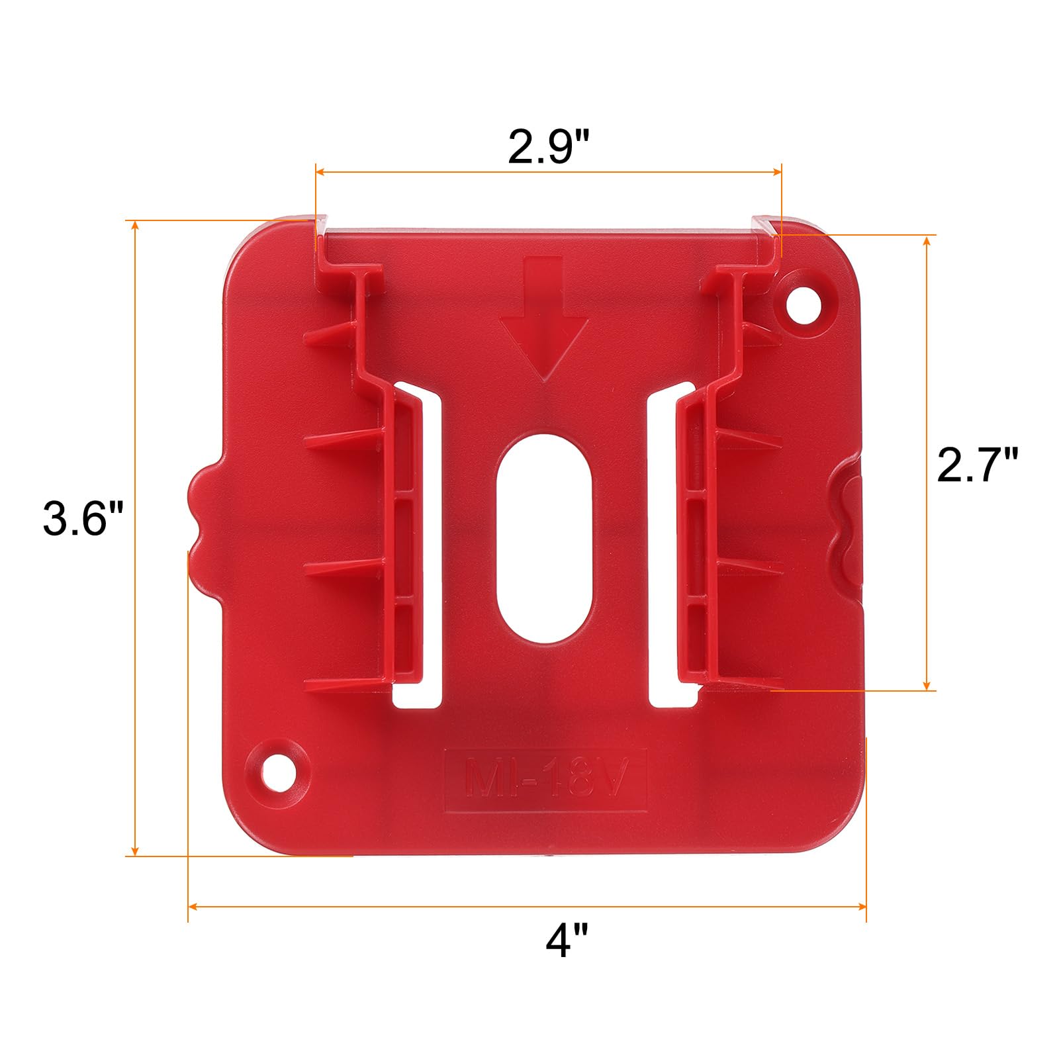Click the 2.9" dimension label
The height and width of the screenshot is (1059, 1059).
(549, 148)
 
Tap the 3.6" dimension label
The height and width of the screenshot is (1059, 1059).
(84, 518)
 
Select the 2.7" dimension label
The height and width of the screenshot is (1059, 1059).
(976, 465)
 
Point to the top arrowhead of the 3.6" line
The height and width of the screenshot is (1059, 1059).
(135, 226)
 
